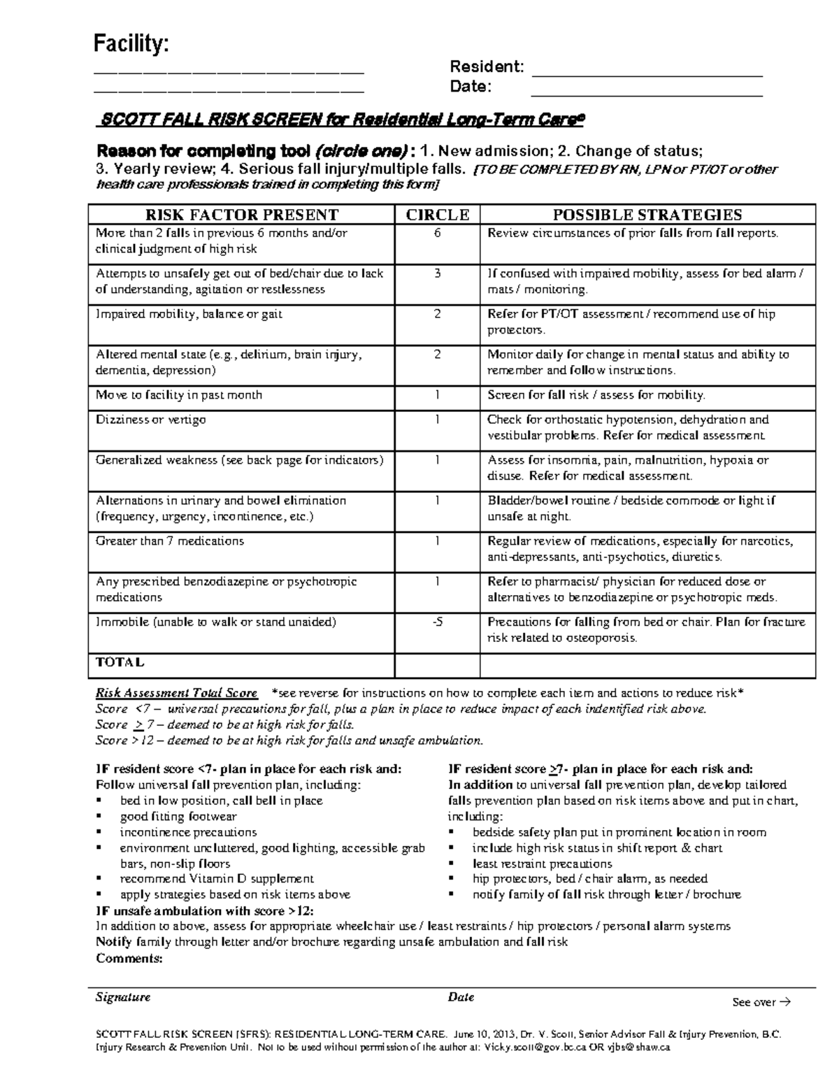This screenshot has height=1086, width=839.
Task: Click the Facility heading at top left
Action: coord(131,45)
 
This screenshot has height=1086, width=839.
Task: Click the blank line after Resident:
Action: coord(647,70)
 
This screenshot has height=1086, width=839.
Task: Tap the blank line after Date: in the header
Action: coord(647,90)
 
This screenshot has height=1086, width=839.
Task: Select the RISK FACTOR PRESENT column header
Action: coord(241,215)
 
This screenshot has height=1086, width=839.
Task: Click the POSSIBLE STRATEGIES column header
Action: coord(647,215)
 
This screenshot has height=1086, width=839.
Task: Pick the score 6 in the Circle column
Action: coord(437,233)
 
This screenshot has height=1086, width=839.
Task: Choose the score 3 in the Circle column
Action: coord(437,273)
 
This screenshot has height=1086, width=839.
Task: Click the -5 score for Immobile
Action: coord(437,622)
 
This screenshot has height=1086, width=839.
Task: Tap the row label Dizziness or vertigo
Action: coord(151,420)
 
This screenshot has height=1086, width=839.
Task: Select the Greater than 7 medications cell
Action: coord(170,541)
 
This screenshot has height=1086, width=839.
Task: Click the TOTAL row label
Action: coord(120,662)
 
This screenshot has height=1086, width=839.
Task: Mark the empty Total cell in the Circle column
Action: coord(437,665)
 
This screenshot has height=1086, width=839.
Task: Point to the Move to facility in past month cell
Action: coord(179,395)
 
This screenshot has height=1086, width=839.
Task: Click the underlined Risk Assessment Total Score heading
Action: coord(177,693)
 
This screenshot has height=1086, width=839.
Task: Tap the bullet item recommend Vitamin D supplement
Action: coord(217,878)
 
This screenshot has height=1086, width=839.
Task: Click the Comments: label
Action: coord(129,958)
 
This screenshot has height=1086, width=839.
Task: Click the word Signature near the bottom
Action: coord(123,997)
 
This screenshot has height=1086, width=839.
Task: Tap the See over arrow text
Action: coord(761,1002)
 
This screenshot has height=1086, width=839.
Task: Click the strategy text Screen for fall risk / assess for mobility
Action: coord(596,395)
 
